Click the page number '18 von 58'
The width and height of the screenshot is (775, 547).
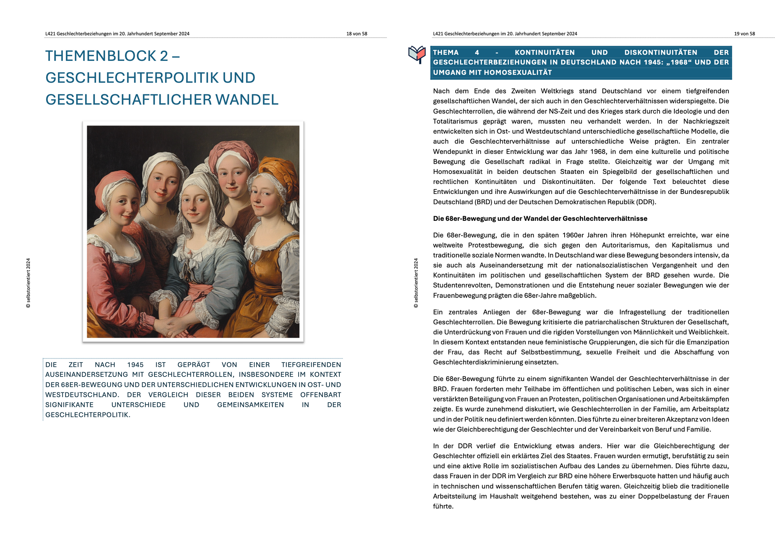click(x=356, y=34)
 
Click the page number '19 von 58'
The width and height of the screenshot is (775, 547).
click(x=744, y=34)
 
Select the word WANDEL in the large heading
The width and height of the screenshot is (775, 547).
click(x=247, y=100)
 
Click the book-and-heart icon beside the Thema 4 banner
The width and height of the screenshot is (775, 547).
click(x=417, y=54)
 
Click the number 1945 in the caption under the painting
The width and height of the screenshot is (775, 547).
click(x=135, y=365)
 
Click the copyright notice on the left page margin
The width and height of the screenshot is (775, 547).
click(x=28, y=283)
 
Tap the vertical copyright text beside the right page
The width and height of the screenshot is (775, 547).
click(x=416, y=283)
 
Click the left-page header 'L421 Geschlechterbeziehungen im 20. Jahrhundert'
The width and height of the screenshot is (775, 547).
click(x=117, y=34)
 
